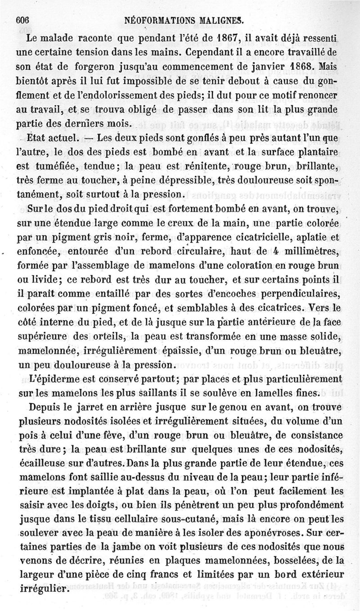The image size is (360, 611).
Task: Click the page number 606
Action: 22,19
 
